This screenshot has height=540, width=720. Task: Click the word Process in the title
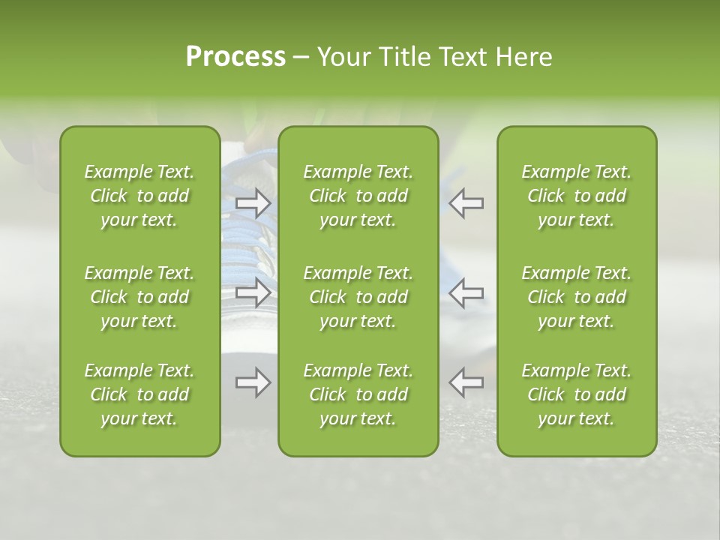(x=235, y=56)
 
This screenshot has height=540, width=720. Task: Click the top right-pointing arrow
(x=253, y=202)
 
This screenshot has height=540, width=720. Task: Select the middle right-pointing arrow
(x=253, y=292)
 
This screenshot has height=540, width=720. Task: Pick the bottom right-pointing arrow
(x=253, y=382)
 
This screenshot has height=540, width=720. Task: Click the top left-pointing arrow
(x=466, y=202)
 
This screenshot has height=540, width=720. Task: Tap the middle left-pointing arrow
(x=466, y=292)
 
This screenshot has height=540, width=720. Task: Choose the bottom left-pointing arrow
(x=466, y=382)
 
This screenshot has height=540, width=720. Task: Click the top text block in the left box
(x=139, y=196)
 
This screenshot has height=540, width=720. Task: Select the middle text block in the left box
(x=139, y=297)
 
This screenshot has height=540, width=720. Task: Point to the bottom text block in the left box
(x=139, y=394)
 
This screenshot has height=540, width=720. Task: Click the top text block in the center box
(x=358, y=196)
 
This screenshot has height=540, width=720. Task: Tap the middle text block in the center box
(x=358, y=297)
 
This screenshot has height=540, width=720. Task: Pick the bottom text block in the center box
(x=358, y=394)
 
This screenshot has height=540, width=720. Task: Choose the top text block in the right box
(x=577, y=196)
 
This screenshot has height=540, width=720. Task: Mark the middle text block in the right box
(x=577, y=297)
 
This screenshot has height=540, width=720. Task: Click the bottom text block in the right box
(x=577, y=394)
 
